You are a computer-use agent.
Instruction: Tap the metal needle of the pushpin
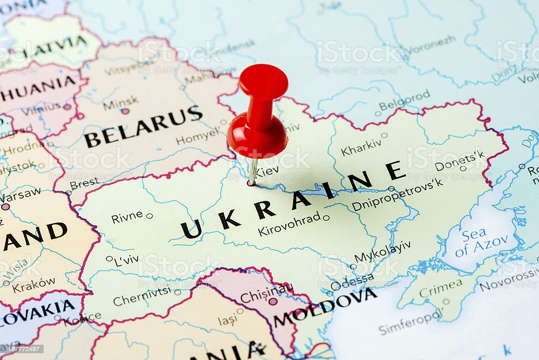[253, 171]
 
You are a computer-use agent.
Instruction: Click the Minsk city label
[121, 101]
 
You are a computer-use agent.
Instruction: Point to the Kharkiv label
[361, 147]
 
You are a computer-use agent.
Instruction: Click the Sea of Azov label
[481, 243]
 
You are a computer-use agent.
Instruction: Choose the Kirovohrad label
[289, 225]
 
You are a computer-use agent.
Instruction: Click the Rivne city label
[127, 216]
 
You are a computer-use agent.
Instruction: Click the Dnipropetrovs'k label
[397, 195]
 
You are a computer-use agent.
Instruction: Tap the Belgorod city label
[404, 100]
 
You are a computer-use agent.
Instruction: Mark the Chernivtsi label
[142, 297]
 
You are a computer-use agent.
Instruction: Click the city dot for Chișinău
[273, 302]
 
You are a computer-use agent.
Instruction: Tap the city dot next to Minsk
[125, 111]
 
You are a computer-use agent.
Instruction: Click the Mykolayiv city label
[382, 252]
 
